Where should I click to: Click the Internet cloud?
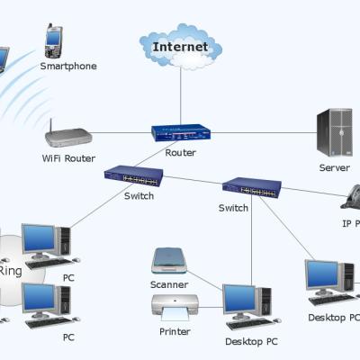click(180, 46)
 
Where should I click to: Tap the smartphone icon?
click(54, 40)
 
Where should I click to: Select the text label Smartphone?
click(67, 67)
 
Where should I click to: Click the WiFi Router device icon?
click(68, 137)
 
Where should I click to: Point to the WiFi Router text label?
click(68, 158)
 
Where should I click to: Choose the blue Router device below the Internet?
click(180, 132)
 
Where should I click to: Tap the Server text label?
click(334, 168)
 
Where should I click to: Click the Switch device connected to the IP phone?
click(251, 188)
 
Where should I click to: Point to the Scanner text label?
click(169, 284)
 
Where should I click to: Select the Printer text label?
click(175, 332)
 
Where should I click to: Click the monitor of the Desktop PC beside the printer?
click(239, 298)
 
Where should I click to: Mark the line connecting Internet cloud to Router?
click(180, 94)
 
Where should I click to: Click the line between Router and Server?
click(261, 132)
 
